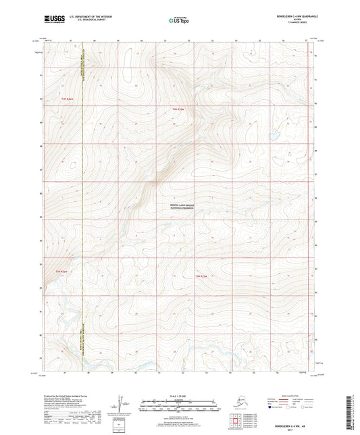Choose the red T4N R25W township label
(178, 109)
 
